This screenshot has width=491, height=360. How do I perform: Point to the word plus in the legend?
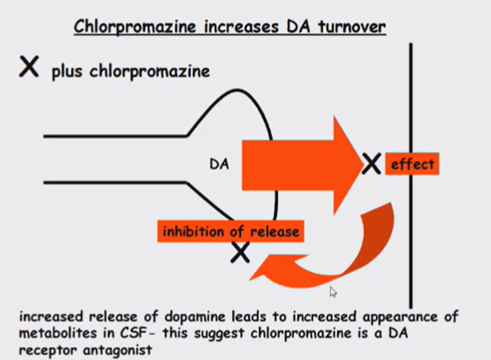[x=67, y=72]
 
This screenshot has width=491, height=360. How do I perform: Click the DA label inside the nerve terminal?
[x=219, y=164]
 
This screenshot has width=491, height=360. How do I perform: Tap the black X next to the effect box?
[x=370, y=165]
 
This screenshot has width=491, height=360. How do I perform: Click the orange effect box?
[x=412, y=165]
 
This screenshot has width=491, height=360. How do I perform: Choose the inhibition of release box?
[x=231, y=232]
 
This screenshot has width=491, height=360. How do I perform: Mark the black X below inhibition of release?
[x=239, y=253]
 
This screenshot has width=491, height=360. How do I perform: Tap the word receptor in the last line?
[x=29, y=350]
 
